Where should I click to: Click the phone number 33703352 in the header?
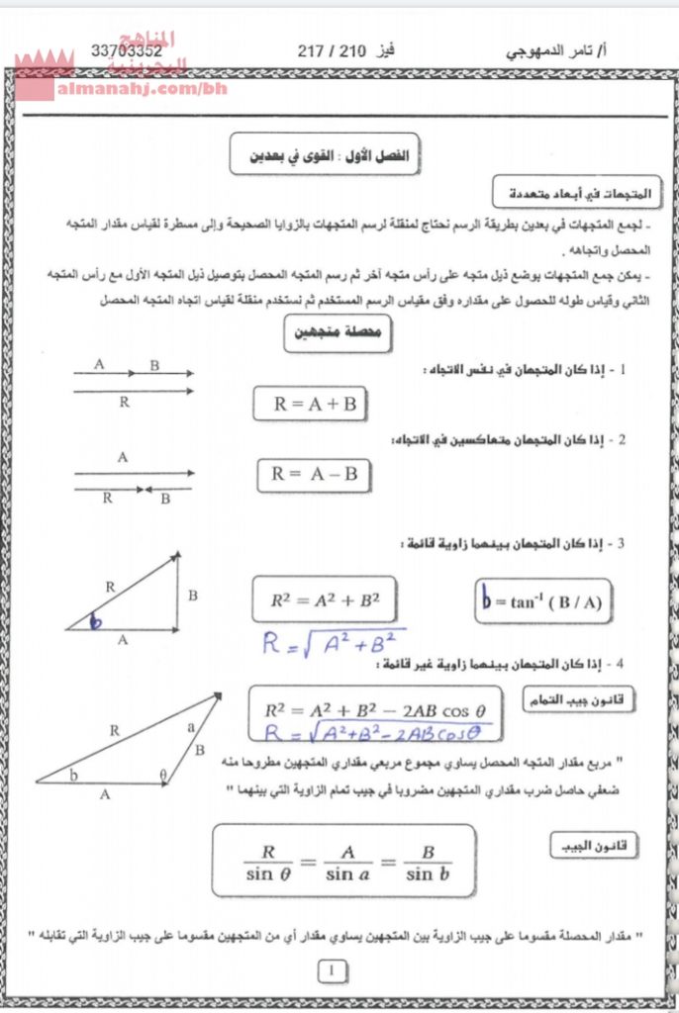(x=126, y=50)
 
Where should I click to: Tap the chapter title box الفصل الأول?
(x=327, y=155)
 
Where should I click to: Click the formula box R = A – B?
(x=314, y=474)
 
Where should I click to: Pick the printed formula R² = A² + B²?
(x=325, y=599)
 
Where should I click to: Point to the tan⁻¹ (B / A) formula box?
(x=540, y=601)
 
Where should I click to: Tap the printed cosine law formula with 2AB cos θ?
(x=376, y=709)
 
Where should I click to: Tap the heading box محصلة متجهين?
(x=338, y=334)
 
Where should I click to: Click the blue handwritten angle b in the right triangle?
(x=96, y=622)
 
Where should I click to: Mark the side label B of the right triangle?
(x=193, y=596)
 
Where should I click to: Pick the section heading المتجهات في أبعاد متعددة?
(x=562, y=191)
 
